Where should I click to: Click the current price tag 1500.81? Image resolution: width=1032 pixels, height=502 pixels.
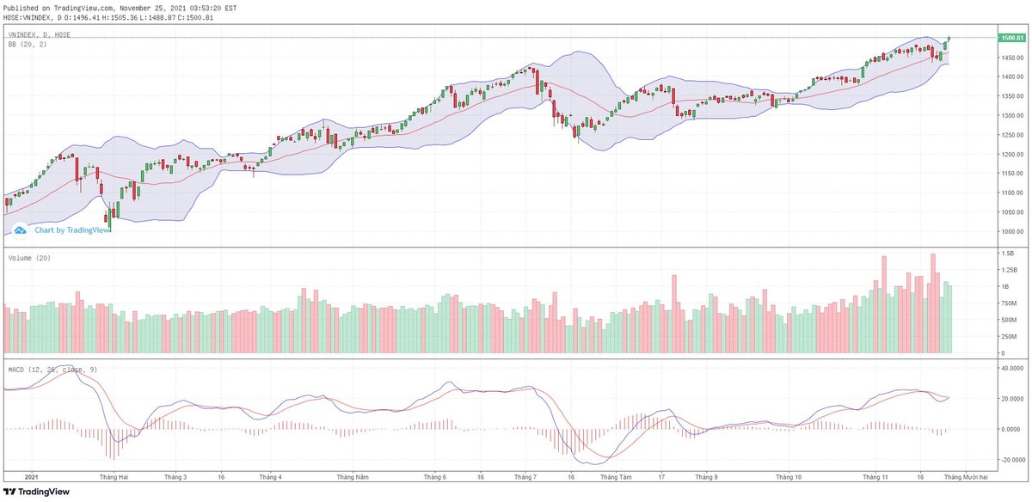coord(1010,38)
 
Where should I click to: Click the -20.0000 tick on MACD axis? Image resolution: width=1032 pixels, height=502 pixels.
coord(1009,460)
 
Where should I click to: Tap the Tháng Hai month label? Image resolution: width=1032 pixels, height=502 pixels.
coord(114,476)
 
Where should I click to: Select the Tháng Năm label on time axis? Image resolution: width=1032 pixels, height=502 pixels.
coord(353,476)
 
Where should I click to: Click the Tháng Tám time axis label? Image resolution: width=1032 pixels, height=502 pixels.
coord(615,476)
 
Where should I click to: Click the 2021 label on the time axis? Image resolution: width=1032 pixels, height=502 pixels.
coord(32,476)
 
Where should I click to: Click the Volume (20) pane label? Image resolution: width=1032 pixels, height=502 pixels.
coord(28,258)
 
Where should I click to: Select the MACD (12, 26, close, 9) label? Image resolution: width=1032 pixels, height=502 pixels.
coord(51,369)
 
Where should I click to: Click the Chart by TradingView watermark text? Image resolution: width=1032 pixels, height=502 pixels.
coord(72,230)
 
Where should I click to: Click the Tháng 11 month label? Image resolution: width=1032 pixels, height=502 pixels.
coord(875,476)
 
